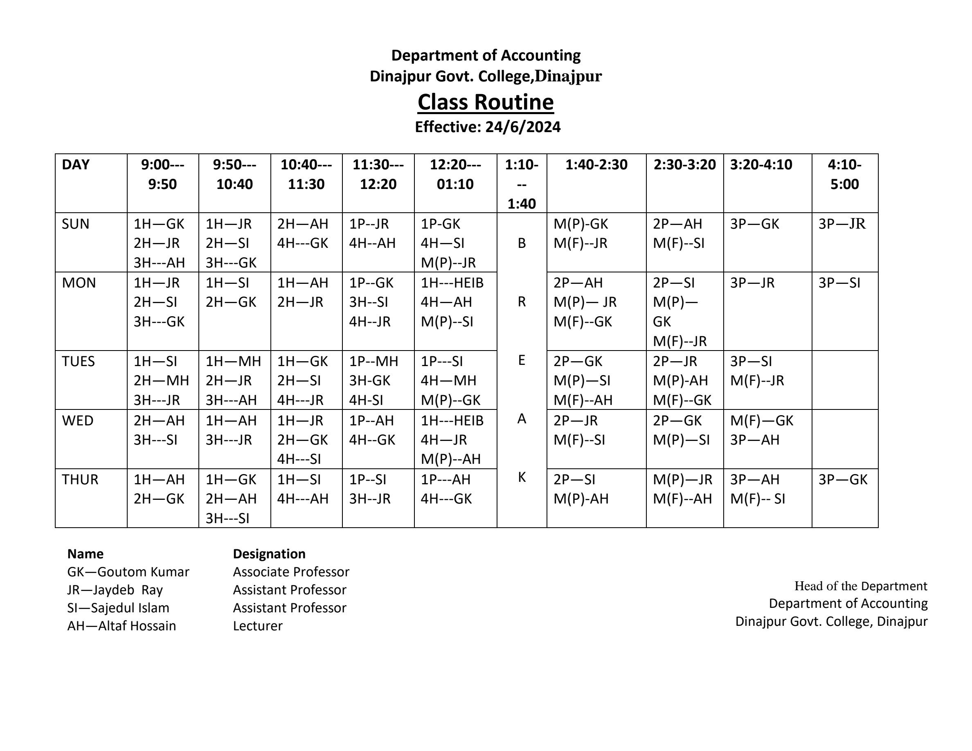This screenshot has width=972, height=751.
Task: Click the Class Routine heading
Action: click(486, 102)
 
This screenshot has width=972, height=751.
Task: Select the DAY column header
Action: click(76, 164)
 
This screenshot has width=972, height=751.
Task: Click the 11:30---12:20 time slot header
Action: click(378, 174)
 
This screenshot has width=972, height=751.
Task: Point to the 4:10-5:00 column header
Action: click(844, 174)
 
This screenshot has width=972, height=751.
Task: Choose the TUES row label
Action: click(78, 361)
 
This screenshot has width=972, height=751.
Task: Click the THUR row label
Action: click(80, 480)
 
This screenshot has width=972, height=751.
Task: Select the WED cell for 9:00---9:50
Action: click(159, 430)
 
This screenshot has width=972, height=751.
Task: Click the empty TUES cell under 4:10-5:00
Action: click(844, 380)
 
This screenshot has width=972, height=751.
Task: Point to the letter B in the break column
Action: click(522, 243)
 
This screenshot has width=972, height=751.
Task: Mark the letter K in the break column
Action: click(522, 477)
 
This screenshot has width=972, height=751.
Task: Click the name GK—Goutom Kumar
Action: click(128, 572)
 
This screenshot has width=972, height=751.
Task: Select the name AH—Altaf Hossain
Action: click(122, 626)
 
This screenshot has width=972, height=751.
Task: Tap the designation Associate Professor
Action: click(291, 572)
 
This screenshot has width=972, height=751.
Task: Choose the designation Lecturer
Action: click(258, 626)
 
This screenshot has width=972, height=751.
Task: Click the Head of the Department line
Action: click(861, 586)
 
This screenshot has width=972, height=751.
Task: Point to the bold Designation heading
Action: click(269, 554)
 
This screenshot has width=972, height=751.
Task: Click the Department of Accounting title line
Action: click(486, 56)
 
